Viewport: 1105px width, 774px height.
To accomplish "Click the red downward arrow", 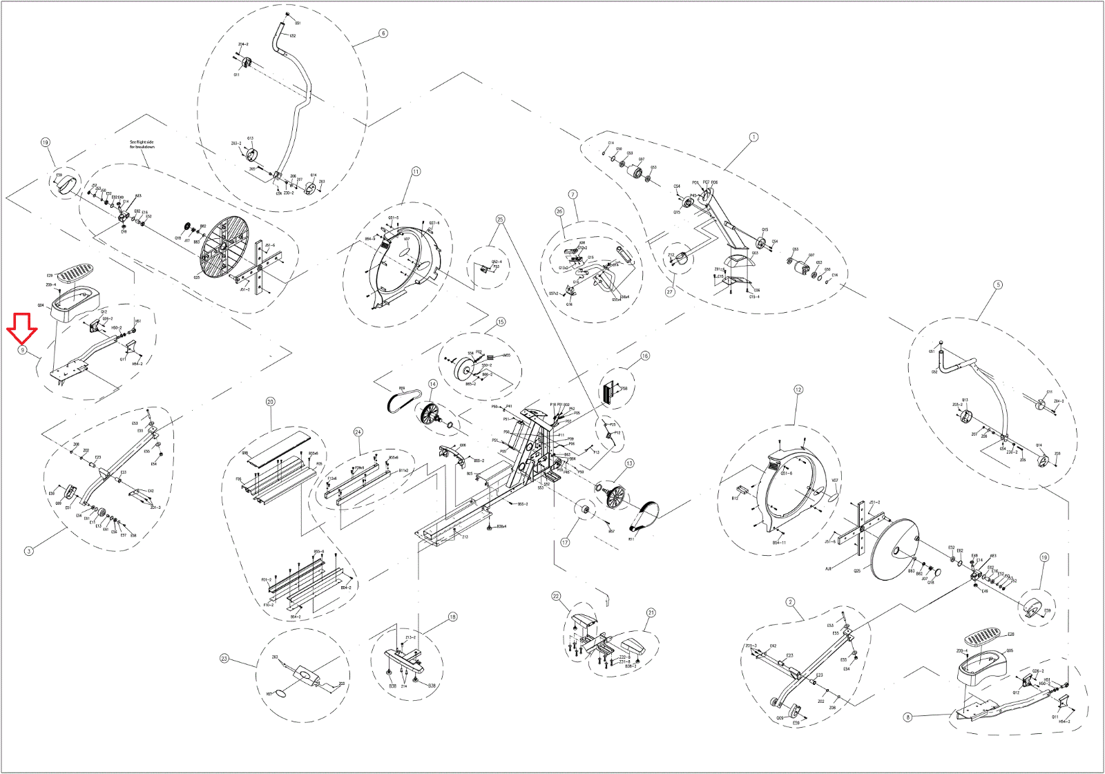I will [x=22, y=327].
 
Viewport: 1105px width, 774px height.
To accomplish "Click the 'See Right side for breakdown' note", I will [x=142, y=144].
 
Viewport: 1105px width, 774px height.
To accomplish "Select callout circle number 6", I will [x=383, y=33].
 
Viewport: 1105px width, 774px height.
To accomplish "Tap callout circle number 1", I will [x=753, y=137].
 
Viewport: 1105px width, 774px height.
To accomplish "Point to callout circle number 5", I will [x=997, y=284].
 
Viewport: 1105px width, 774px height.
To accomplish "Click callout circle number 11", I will [x=416, y=171].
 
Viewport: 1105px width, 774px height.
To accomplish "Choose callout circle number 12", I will [x=798, y=389].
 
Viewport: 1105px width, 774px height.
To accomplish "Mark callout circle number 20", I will [x=270, y=402].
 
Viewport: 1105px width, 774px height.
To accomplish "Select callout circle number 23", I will [x=224, y=658].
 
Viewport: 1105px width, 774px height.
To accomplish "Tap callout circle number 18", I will [x=452, y=617].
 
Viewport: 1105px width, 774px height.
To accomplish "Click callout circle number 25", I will [x=500, y=220].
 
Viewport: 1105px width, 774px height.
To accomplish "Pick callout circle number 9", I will [x=22, y=351].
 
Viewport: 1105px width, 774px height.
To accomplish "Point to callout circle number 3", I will [x=28, y=551].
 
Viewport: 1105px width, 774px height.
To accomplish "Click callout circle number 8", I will [x=907, y=717].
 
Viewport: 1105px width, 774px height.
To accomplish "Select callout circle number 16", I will [x=645, y=356].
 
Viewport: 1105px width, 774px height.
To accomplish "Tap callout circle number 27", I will [x=670, y=292].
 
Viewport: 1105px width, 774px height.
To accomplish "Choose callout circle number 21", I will [x=651, y=612].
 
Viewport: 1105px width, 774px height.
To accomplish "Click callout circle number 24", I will [x=358, y=432].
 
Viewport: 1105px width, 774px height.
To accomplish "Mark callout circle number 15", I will [x=501, y=322].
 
